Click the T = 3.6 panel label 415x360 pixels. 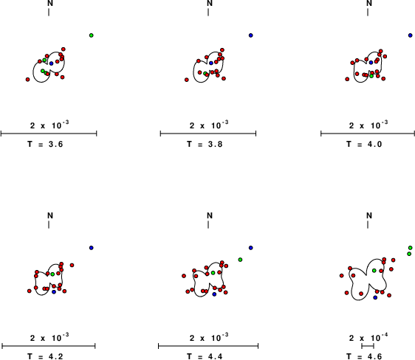(45, 144)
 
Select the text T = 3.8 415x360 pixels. (205, 144)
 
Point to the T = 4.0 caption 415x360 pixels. (364, 144)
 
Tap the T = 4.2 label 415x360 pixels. (45, 356)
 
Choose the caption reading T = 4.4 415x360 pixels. (205, 356)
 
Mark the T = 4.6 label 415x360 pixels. (364, 356)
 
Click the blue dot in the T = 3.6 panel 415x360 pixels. (52, 63)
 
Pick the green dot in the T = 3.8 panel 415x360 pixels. (205, 73)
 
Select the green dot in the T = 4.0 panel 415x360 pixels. (371, 76)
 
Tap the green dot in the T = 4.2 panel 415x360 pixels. (52, 274)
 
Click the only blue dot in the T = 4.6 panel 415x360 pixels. (375, 297)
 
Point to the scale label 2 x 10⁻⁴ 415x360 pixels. (368, 337)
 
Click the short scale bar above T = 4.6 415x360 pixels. (368, 346)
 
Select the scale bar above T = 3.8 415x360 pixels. (208, 134)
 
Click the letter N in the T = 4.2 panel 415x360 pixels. (50, 215)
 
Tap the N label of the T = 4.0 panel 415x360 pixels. (369, 3)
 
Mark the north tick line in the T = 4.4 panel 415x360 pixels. (208, 224)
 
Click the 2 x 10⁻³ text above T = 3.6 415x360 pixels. (49, 125)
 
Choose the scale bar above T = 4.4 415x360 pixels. (208, 346)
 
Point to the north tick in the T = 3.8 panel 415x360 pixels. (208, 12)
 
